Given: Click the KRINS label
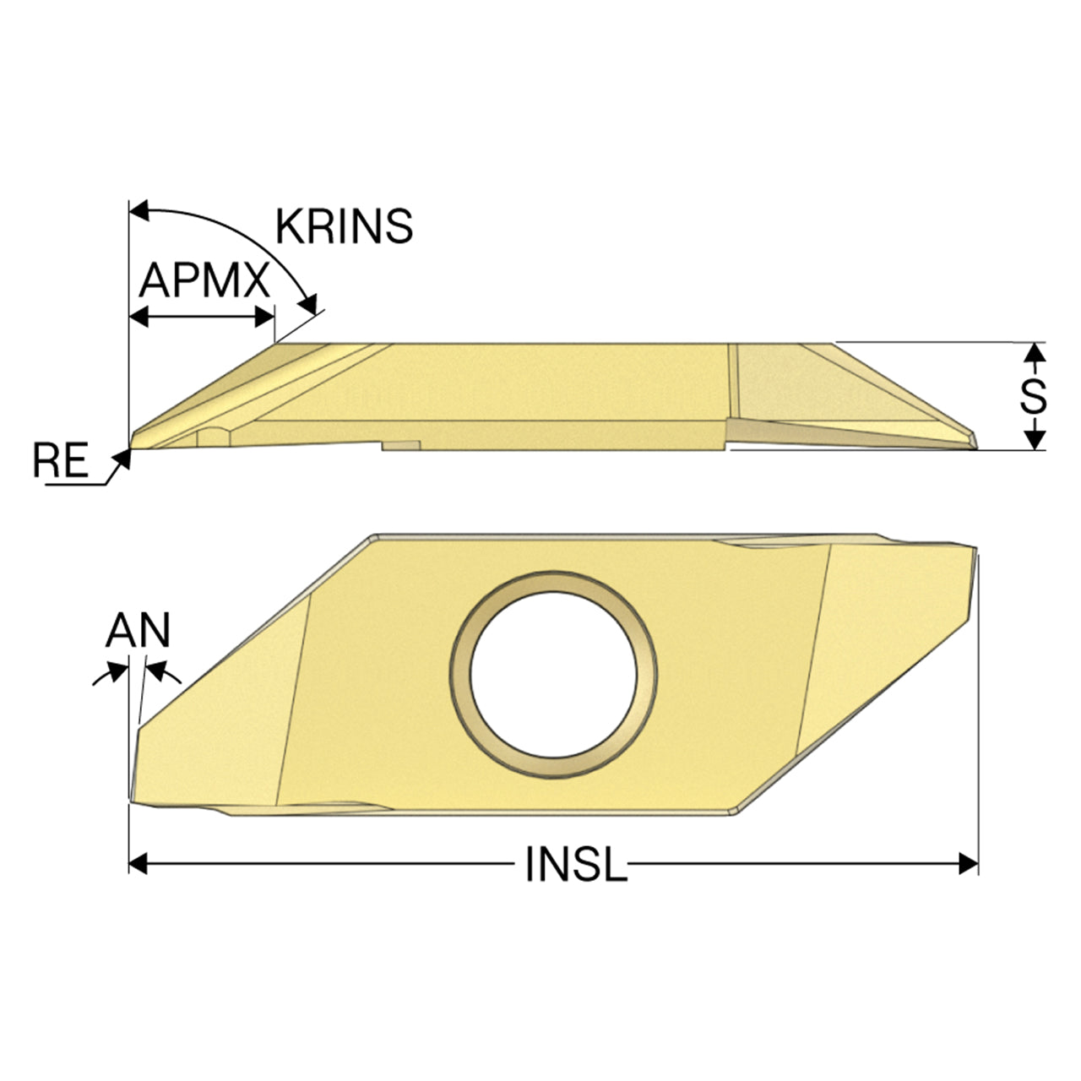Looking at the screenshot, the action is tap(344, 225).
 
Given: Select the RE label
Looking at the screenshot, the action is tap(61, 460).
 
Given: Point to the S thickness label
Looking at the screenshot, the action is tap(1034, 397).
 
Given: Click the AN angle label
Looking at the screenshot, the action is tap(138, 629).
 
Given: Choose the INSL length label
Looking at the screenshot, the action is tap(576, 864).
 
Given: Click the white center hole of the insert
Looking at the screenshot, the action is tap(553, 675).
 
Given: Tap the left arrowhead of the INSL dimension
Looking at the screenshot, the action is tap(138, 864).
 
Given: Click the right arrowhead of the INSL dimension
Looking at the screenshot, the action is tap(969, 864).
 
